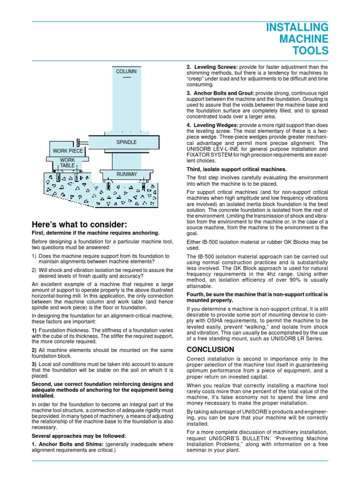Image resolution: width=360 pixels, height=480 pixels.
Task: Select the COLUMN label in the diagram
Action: tap(127, 71)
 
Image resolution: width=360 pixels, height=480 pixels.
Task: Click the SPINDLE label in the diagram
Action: tap(127, 142)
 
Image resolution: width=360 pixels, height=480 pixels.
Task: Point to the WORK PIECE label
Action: tap(68, 151)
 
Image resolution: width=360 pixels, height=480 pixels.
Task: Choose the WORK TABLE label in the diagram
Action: tap(67, 163)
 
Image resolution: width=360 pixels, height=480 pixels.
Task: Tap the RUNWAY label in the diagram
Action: tap(127, 174)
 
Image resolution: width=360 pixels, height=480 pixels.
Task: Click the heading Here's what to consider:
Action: tap(79, 224)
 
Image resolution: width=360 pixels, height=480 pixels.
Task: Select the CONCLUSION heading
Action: tap(210, 349)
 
